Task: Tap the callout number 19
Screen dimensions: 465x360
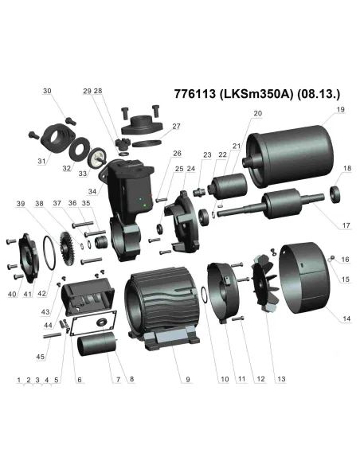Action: (339, 109)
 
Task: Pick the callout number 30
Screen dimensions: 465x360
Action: (47, 92)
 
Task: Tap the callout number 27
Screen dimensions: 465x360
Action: (176, 126)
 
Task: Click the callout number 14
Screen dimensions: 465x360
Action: (346, 318)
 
